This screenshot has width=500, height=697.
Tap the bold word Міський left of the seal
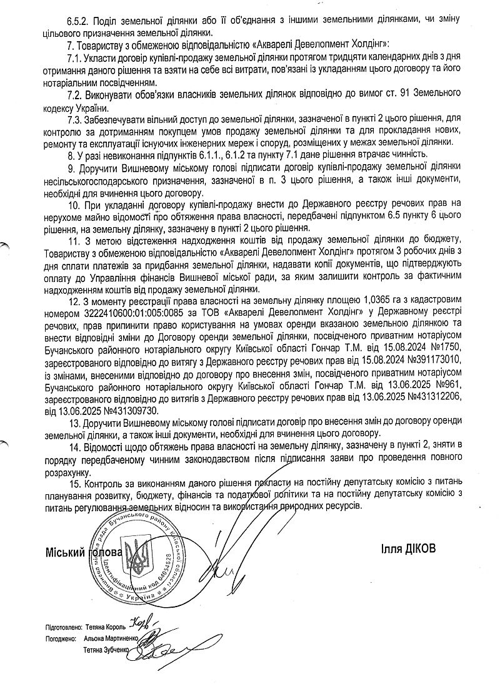pyautogui.click(x=64, y=552)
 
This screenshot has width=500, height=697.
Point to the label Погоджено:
pyautogui.click(x=61, y=639)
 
